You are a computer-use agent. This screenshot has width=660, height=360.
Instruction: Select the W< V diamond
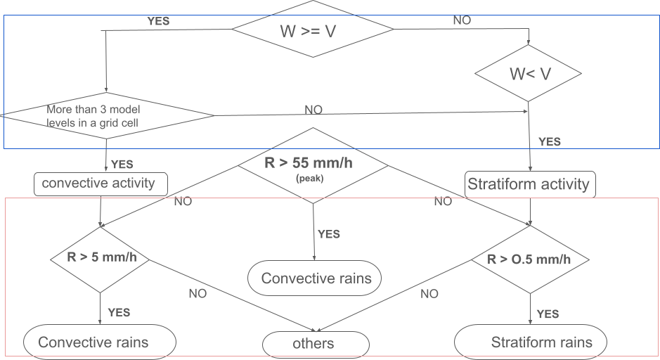click(529, 73)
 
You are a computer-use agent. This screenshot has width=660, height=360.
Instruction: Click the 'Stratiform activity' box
click(529, 184)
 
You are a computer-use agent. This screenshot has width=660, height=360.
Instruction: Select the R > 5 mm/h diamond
click(102, 257)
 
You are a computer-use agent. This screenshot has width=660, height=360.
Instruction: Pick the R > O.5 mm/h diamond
click(529, 259)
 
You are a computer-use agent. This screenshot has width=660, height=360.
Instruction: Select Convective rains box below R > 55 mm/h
click(316, 278)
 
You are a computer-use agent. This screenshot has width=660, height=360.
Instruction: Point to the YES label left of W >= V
click(158, 21)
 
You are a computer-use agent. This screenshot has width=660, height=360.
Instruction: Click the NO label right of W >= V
click(462, 20)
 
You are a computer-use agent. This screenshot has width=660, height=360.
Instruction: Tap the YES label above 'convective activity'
click(122, 164)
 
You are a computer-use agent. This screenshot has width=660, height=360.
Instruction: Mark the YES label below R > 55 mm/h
click(329, 234)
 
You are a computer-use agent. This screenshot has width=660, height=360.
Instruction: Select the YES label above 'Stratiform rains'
click(548, 314)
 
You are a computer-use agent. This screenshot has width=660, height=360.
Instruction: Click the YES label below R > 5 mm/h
click(119, 313)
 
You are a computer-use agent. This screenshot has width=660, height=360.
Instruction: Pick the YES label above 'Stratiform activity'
click(550, 142)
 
